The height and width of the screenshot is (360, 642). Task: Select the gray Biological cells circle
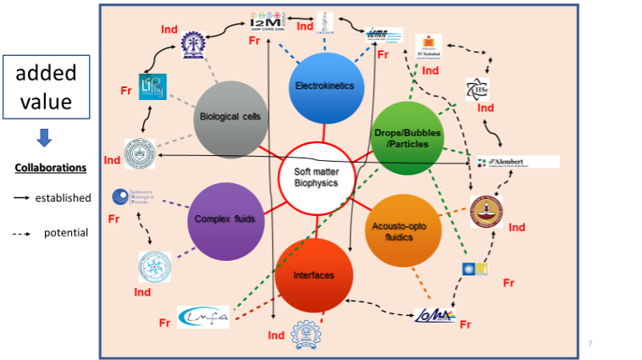(x=231, y=118)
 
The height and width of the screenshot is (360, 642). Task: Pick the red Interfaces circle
(x=313, y=274)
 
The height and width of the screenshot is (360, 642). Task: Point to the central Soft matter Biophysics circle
(x=314, y=179)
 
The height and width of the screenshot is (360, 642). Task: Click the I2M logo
(x=272, y=19)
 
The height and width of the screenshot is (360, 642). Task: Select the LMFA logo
(x=203, y=316)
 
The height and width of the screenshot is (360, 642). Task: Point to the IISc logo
(x=477, y=89)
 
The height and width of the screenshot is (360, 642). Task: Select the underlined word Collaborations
(x=51, y=167)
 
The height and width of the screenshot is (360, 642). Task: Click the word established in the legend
(x=63, y=198)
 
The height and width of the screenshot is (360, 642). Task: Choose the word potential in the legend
(x=66, y=231)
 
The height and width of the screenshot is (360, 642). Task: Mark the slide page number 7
(x=589, y=342)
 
